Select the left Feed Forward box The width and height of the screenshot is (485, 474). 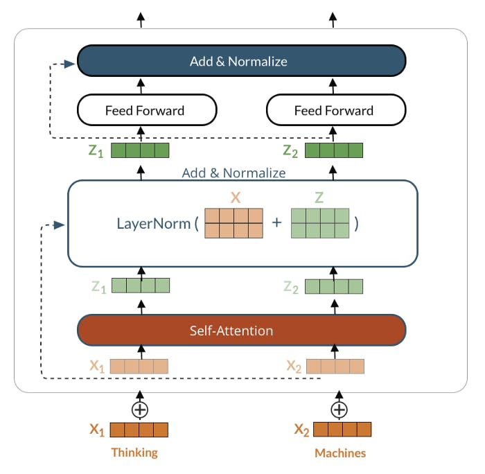coord(145,110)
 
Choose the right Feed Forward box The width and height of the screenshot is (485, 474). coord(335,110)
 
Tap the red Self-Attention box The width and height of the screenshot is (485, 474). coord(240,331)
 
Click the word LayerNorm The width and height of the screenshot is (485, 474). coord(153,224)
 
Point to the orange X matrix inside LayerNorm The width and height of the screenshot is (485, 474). coord(233,224)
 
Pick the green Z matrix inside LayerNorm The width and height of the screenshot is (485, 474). coord(319,224)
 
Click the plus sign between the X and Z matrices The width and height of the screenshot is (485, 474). coord(276,224)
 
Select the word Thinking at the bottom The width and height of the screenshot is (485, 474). coord(134,453)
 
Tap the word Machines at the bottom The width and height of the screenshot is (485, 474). coord(339,453)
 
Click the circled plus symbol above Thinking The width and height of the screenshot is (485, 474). coord(140,410)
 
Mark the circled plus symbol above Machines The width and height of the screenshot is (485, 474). coord(339,410)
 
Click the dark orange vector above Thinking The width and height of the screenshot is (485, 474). coord(139,430)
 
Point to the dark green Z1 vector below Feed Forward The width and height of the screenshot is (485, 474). coord(140,150)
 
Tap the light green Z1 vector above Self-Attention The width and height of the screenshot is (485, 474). coord(141,286)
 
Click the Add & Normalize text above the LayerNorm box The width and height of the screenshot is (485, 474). coord(233,173)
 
